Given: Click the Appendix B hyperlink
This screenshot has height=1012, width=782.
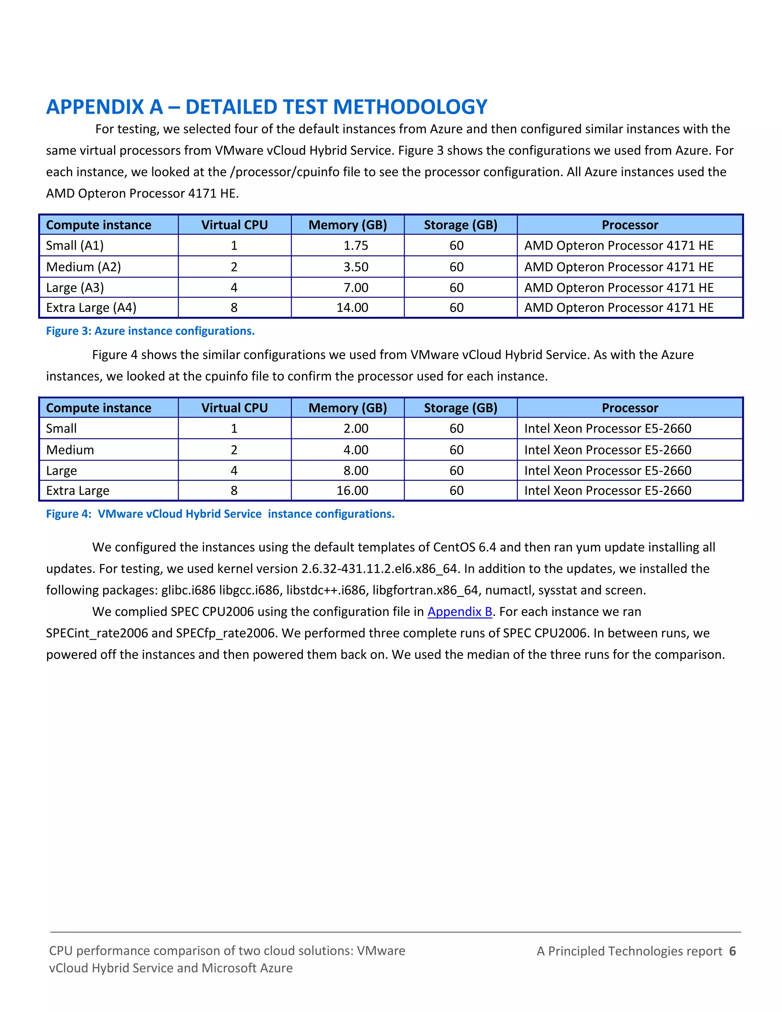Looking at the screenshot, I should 460,612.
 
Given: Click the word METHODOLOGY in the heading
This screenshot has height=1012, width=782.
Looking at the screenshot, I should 410,107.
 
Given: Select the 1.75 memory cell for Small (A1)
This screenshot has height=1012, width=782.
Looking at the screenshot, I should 355,246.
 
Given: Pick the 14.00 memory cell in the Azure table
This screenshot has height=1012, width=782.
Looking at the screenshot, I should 352,308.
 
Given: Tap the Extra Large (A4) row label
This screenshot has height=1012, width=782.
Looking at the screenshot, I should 91,308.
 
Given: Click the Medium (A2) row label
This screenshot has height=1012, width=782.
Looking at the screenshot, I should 83,267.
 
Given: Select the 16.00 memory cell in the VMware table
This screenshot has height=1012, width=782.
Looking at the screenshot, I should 352,491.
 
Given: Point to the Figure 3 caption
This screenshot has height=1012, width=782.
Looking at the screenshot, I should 150,331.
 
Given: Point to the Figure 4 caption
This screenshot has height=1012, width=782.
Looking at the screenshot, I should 220,514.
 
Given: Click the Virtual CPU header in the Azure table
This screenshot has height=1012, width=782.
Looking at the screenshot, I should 234,225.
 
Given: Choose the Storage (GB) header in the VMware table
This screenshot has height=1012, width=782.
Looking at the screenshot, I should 460,408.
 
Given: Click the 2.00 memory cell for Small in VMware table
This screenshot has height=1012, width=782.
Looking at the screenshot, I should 355,428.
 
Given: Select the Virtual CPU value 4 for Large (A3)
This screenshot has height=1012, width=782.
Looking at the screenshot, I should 234,288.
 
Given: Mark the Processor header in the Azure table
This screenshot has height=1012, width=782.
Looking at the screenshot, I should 630,225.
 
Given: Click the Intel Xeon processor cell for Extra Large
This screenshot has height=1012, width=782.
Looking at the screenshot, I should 608,491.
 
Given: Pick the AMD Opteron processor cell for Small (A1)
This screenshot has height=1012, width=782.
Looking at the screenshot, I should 619,246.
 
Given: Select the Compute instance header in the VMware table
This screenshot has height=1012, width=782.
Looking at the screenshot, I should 99,408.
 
